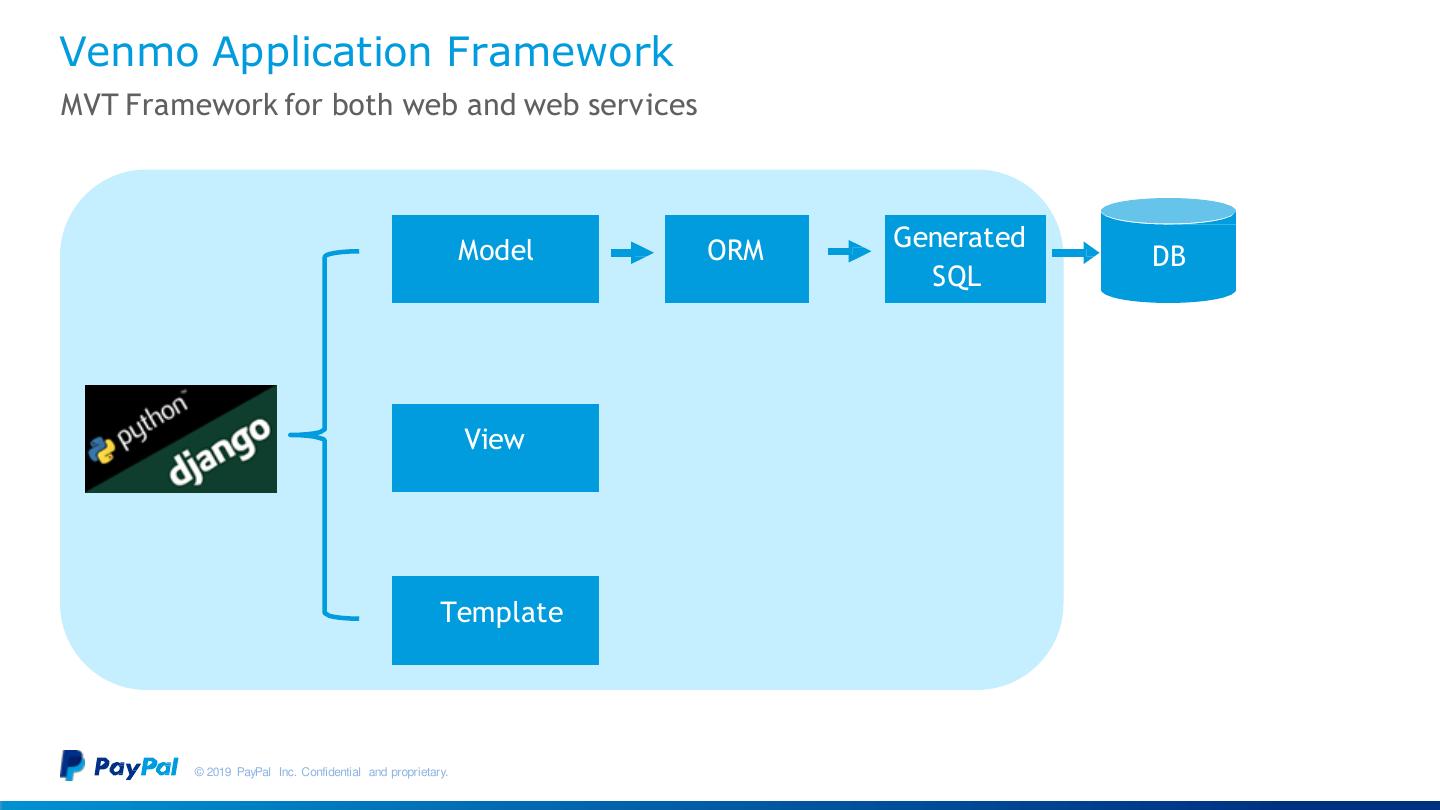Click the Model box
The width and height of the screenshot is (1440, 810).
495,258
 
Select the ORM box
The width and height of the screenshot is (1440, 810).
736,258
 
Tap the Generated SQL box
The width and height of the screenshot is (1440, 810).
964,258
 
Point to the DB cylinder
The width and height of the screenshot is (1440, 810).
1168,256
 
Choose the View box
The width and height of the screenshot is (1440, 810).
495,447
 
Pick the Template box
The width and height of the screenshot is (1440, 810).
495,620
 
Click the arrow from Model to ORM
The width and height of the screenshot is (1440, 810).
631,253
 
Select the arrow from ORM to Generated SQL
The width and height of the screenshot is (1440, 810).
848,253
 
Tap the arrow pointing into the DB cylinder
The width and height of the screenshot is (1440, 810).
1074,253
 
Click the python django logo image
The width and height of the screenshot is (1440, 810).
181,438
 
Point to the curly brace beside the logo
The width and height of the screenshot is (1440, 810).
324,435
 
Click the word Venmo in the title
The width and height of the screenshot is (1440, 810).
130,52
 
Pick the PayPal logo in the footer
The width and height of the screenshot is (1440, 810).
119,766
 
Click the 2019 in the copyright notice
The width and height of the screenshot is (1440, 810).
220,772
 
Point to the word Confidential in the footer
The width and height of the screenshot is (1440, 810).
331,772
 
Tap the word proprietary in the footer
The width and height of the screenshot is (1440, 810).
419,772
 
